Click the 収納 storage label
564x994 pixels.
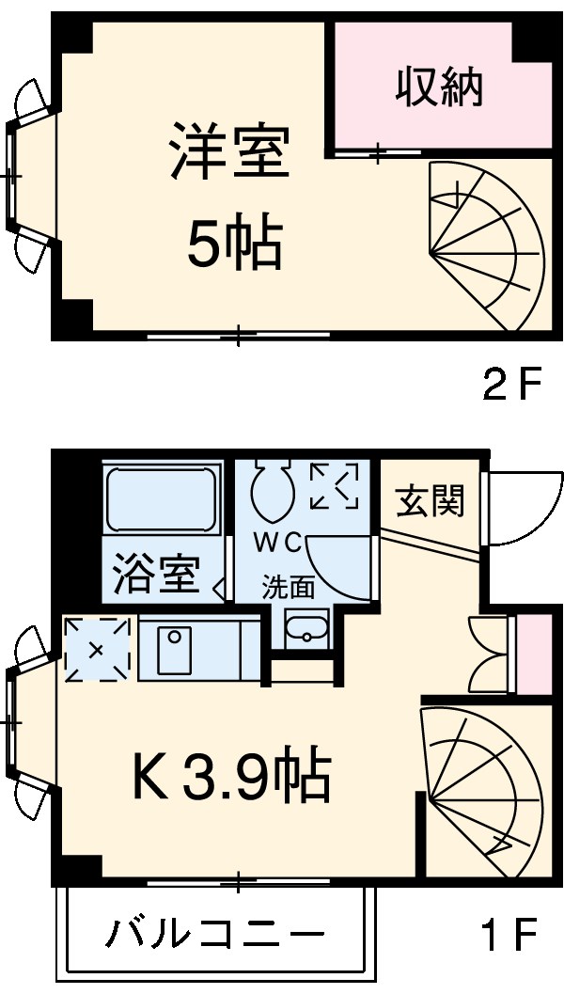coord(438,87)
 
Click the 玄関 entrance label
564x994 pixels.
coord(429,500)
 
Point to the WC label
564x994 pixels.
coord(275,544)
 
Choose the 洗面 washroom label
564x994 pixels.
coord(288,588)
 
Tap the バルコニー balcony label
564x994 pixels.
coord(215,935)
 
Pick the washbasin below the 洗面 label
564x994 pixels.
coord(305,629)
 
